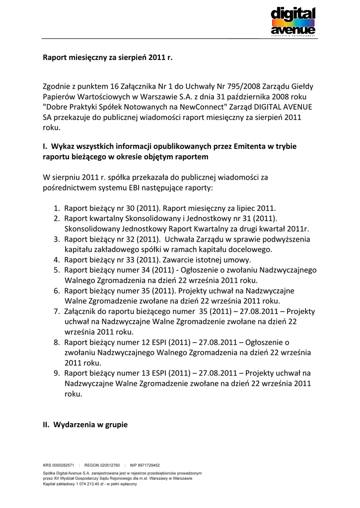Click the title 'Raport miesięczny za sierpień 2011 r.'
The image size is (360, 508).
click(107, 58)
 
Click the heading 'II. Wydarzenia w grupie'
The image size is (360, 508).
click(85, 425)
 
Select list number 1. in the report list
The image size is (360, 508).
click(57, 208)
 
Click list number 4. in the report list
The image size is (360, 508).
click(57, 259)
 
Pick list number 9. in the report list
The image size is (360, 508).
click(57, 373)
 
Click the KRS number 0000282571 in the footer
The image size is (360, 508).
click(64, 465)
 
